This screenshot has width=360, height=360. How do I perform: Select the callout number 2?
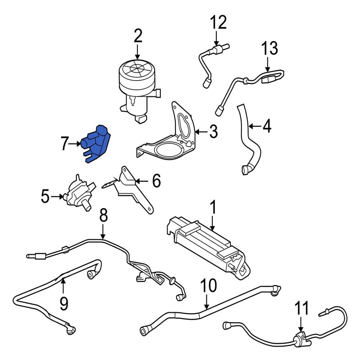pyautogui.click(x=138, y=37)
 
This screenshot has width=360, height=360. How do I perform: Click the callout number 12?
pyautogui.click(x=219, y=22)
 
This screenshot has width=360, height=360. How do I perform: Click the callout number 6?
pyautogui.click(x=156, y=181)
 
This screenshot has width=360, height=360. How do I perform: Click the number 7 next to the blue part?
pyautogui.click(x=65, y=144)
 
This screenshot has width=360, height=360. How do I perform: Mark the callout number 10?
pyautogui.click(x=208, y=286)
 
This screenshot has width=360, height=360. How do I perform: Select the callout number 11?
pyautogui.click(x=302, y=309)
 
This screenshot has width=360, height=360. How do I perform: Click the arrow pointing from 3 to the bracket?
pyautogui.click(x=202, y=132)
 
